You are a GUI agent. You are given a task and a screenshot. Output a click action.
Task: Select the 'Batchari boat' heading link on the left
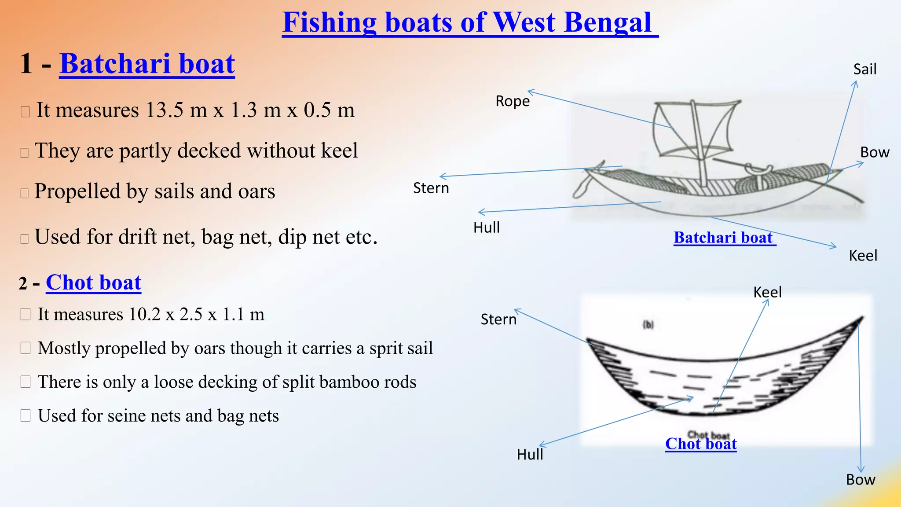pyautogui.click(x=147, y=64)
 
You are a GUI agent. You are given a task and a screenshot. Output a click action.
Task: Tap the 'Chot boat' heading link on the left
pyautogui.click(x=93, y=283)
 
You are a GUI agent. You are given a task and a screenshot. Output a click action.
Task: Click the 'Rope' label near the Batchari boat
pyautogui.click(x=513, y=101)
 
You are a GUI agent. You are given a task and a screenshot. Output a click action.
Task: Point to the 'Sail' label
pyautogui.click(x=864, y=69)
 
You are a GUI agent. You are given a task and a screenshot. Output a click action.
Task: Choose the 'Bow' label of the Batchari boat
pyautogui.click(x=875, y=152)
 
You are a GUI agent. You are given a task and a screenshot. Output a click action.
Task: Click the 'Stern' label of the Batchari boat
pyautogui.click(x=431, y=188)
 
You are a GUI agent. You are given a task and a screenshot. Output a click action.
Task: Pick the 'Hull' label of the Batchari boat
pyautogui.click(x=486, y=228)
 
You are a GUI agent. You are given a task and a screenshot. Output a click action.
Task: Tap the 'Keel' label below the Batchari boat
pyautogui.click(x=863, y=256)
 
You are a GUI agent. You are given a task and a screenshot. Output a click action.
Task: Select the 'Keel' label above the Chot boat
pyautogui.click(x=767, y=292)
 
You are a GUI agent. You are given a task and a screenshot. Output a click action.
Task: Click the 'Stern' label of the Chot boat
pyautogui.click(x=498, y=319)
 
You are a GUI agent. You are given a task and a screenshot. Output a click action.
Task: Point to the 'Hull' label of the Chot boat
pyautogui.click(x=530, y=454)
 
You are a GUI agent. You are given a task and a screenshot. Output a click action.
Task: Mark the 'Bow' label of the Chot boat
pyautogui.click(x=861, y=479)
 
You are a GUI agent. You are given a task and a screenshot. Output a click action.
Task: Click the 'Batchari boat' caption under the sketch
pyautogui.click(x=723, y=238)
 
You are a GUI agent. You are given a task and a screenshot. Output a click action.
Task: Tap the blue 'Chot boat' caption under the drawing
pyautogui.click(x=701, y=444)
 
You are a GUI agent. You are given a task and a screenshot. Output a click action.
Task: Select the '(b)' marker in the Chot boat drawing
pyautogui.click(x=648, y=325)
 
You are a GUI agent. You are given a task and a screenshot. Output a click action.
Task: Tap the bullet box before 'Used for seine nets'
pyautogui.click(x=26, y=415)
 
